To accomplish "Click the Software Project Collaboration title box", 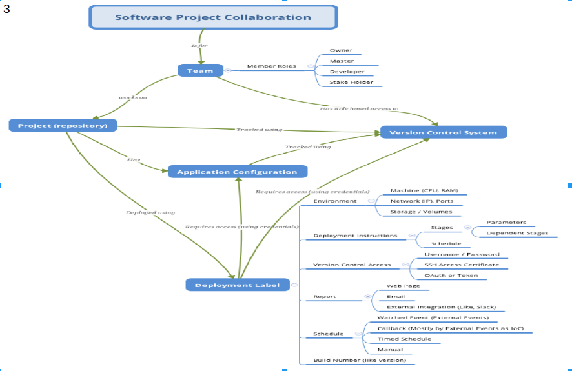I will coord(213,17).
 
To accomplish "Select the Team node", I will coord(200,70).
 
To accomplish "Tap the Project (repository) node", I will coord(63,125).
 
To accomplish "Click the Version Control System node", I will coord(443,132).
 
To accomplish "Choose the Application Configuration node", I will coord(237,172).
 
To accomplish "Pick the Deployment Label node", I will coord(238,285).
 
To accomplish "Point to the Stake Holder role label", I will coord(352,82).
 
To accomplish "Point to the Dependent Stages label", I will coord(518,233).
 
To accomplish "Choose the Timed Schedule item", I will coord(404,339).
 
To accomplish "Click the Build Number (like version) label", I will coord(360,360).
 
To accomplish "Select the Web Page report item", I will coord(403,285).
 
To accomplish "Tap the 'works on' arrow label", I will coord(132,97).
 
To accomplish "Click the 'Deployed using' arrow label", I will coord(150,212).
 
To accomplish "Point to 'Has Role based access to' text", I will coord(359,109).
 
